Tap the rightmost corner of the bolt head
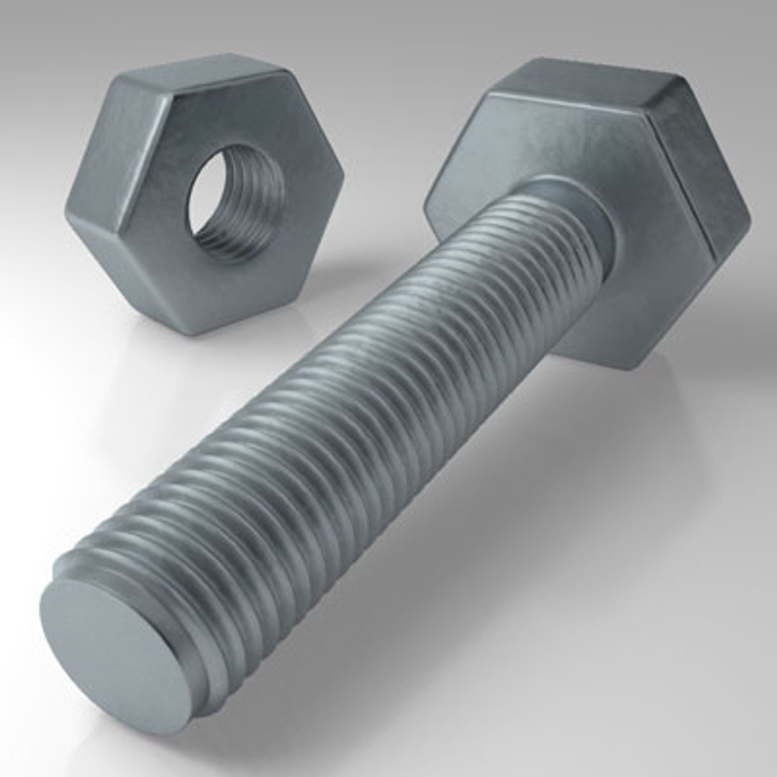[749, 216]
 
